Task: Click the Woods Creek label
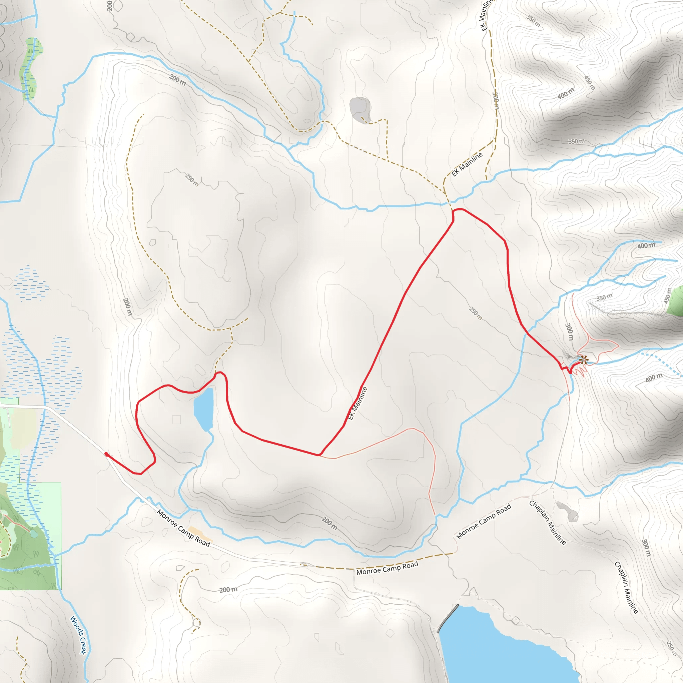[78, 635]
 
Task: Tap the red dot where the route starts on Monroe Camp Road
[106, 454]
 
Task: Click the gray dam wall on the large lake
[448, 618]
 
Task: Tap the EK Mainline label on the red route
[358, 404]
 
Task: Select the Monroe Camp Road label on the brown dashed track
[387, 568]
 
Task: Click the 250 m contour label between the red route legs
[476, 313]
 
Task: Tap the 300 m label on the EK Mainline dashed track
[496, 100]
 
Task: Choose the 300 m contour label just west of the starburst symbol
[569, 331]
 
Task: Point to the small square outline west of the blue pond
[176, 420]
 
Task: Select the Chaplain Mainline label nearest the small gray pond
[547, 523]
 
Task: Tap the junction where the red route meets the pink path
[319, 455]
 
